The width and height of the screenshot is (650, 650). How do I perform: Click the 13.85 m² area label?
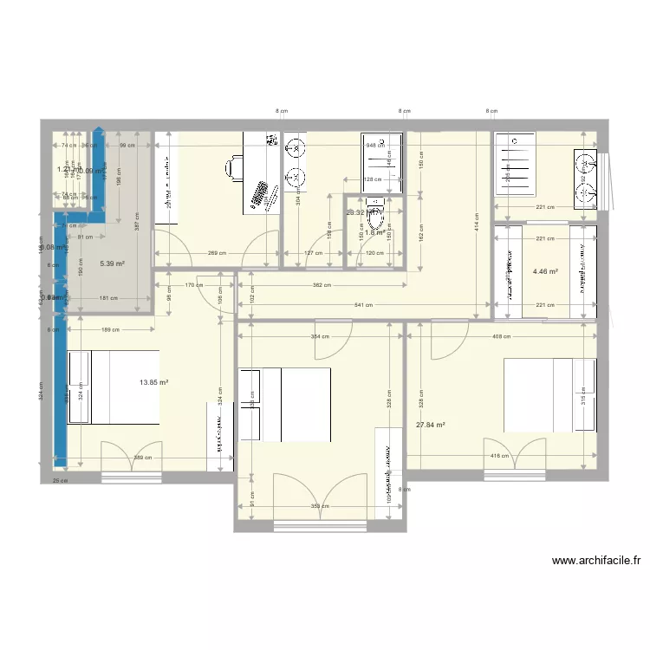coord(153,382)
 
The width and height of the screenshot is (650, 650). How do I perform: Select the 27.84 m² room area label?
coord(430,425)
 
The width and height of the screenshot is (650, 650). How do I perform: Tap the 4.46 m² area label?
coord(545,271)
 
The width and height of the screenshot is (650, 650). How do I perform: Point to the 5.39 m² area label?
coord(112,263)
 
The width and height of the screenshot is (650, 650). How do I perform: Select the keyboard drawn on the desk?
coord(258,195)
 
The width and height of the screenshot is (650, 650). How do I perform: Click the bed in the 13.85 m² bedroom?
coord(114,387)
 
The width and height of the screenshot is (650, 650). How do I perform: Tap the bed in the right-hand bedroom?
coord(549,394)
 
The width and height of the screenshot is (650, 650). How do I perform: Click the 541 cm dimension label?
coord(363,305)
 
